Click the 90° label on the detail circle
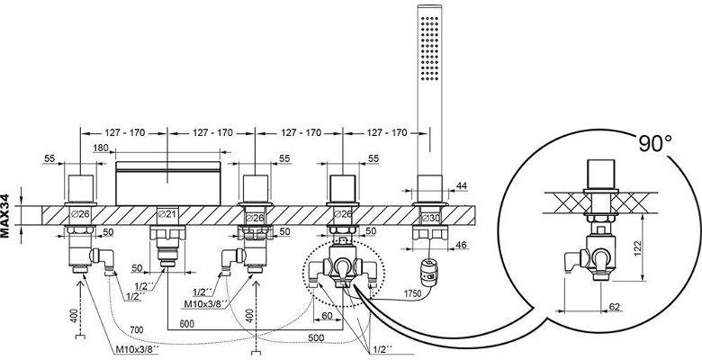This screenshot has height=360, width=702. coord(655,143)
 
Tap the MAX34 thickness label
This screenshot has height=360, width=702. coord(5,215)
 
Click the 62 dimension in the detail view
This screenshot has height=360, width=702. coord(615,307)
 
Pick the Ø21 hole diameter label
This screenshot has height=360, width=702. coord(168,214)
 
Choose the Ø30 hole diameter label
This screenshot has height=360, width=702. coord(431,218)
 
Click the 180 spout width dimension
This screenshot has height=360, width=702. coord(101,148)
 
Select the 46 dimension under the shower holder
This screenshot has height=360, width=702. coord(461,245)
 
